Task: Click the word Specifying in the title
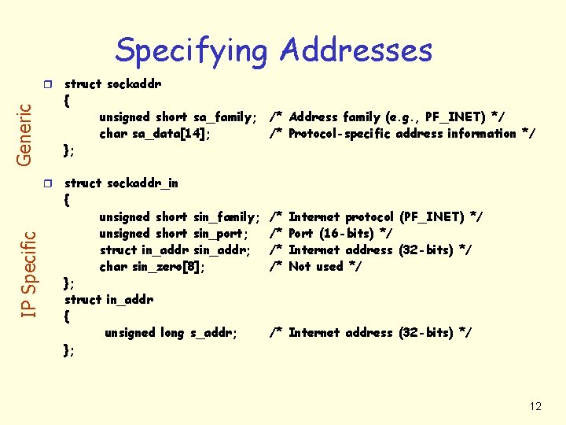[191, 51]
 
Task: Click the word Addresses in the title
[355, 50]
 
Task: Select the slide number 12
[535, 406]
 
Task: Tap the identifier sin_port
[221, 234]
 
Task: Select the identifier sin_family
[226, 217]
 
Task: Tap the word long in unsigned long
[172, 333]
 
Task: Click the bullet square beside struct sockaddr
[48, 83]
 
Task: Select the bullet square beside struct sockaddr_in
[48, 183]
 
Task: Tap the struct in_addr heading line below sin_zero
[108, 300]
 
